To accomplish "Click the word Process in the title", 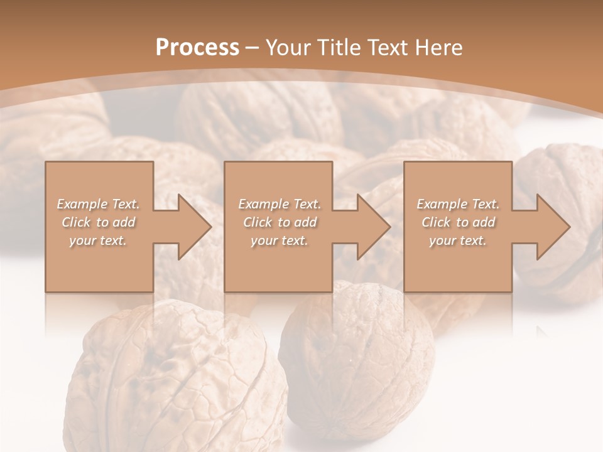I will pos(197,48).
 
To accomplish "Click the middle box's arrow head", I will pos(373,227).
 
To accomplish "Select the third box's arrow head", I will pos(553,227).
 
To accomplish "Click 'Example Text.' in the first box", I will pos(99,204).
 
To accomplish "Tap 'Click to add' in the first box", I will pos(99,222).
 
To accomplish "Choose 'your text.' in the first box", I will pos(99,240).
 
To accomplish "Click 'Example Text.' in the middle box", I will pos(279,204).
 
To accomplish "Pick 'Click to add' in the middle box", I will pos(279,222).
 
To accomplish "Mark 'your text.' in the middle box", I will pos(279,240).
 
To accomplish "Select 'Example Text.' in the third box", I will pos(458,204).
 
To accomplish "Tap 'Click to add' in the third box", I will pos(458,222).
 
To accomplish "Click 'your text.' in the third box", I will pos(458,240).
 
